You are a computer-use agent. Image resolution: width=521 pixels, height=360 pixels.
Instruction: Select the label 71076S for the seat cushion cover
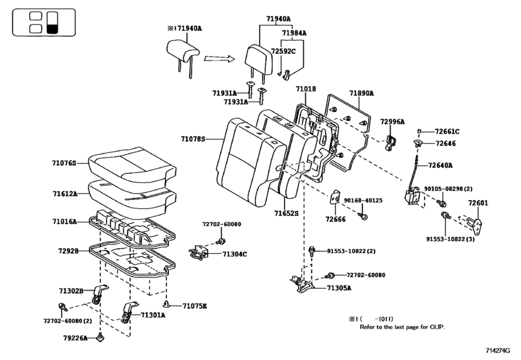coord(64,164)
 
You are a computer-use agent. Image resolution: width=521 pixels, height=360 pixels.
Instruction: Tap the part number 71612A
coord(64,193)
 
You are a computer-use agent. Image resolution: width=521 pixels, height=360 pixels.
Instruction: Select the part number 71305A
coord(340,289)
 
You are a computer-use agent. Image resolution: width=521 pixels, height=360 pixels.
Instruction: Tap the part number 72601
coord(478,203)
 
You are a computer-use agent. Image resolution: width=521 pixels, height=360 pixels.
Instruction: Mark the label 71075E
coord(195,306)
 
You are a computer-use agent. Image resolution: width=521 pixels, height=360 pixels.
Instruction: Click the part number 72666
coord(335,219)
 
